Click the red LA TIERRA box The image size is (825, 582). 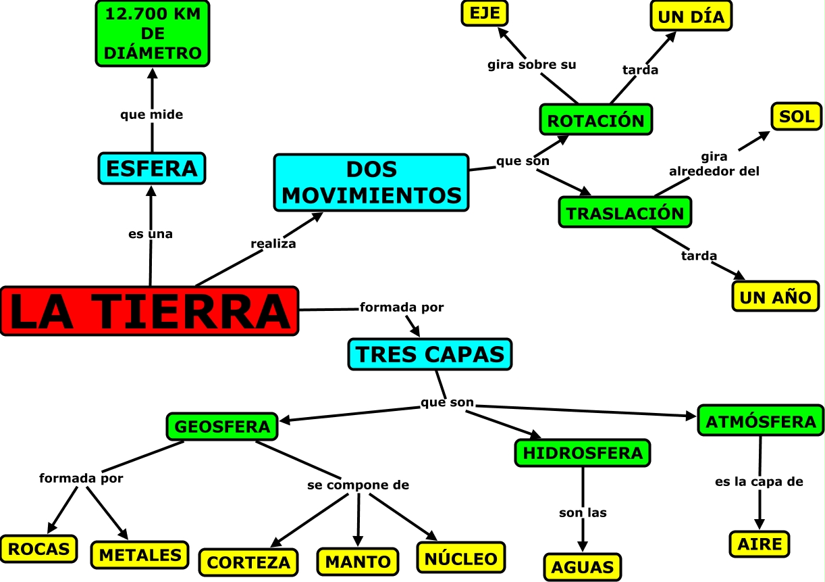[x=149, y=311]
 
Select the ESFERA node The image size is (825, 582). [x=151, y=168]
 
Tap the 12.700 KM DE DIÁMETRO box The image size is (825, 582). [x=153, y=33]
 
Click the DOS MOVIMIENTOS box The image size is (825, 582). [x=371, y=183]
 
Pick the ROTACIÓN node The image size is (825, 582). [x=595, y=120]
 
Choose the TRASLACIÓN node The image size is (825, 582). [x=625, y=212]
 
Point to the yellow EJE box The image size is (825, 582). [x=484, y=13]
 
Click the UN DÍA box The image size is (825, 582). [x=691, y=16]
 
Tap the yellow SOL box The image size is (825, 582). [x=797, y=117]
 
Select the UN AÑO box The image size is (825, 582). [x=775, y=296]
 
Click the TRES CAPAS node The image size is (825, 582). [x=430, y=354]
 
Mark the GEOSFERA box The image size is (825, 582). [x=222, y=427]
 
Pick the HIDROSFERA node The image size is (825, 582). [x=583, y=453]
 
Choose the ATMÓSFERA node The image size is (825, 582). [x=760, y=421]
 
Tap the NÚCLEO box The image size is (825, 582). [x=461, y=558]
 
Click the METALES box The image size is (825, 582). [x=140, y=554]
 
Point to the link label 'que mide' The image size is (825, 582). [x=151, y=115]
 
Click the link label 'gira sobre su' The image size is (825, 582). [x=532, y=65]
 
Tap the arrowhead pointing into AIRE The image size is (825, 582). [x=760, y=525]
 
